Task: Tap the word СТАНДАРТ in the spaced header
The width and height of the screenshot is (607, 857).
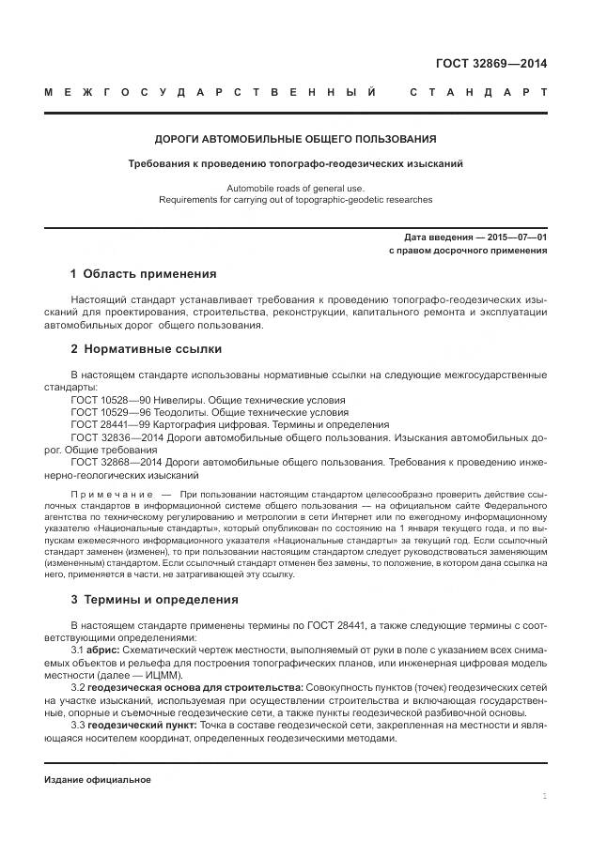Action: (478, 93)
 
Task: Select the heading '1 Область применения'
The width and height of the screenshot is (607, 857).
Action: (143, 274)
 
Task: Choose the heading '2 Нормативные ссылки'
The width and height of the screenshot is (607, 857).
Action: (146, 348)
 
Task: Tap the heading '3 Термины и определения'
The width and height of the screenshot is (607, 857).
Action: (154, 598)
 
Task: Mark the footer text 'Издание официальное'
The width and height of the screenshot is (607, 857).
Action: (98, 780)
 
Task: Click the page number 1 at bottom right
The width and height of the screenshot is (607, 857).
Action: (544, 795)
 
